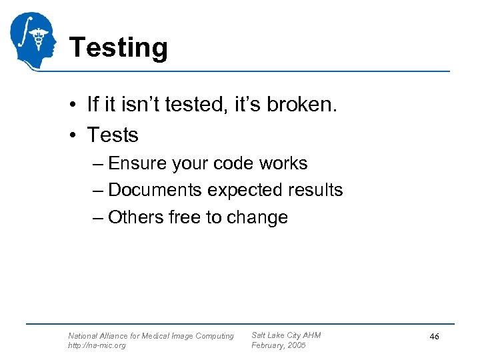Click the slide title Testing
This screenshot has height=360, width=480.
point(118,48)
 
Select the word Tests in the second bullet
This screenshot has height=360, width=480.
point(113,135)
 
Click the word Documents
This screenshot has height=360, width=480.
point(155,190)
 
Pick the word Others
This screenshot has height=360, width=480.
point(131,217)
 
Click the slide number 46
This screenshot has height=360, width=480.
point(434,337)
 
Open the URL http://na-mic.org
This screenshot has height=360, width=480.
point(97,345)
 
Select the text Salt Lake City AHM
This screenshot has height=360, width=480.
point(286,335)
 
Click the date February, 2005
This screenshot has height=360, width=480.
point(278,345)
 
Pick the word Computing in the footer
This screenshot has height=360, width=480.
point(214,336)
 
